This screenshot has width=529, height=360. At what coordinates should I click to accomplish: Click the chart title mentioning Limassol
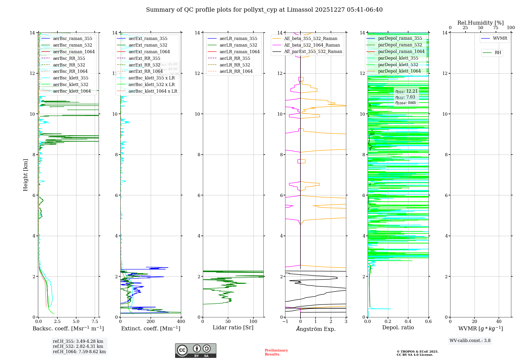264,10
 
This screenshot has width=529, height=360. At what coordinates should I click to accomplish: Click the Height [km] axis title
25,175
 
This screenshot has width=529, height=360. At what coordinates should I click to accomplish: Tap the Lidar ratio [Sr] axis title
233,328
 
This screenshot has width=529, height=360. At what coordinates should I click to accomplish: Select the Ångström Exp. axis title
316,329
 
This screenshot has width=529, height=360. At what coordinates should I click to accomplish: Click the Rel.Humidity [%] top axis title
480,23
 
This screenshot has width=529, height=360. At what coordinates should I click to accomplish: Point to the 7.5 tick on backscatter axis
95,322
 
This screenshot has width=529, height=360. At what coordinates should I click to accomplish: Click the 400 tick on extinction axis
181,322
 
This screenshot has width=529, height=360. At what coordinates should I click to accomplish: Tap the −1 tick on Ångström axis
285,322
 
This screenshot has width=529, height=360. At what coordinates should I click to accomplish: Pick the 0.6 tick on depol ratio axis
428,322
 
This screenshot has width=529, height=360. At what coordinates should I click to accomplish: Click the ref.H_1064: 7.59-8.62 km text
79,352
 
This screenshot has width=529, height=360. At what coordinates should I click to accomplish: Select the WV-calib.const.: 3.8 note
470,341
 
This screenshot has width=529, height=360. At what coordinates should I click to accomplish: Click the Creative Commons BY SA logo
195,351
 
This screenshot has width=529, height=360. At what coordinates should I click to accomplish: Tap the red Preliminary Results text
276,352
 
